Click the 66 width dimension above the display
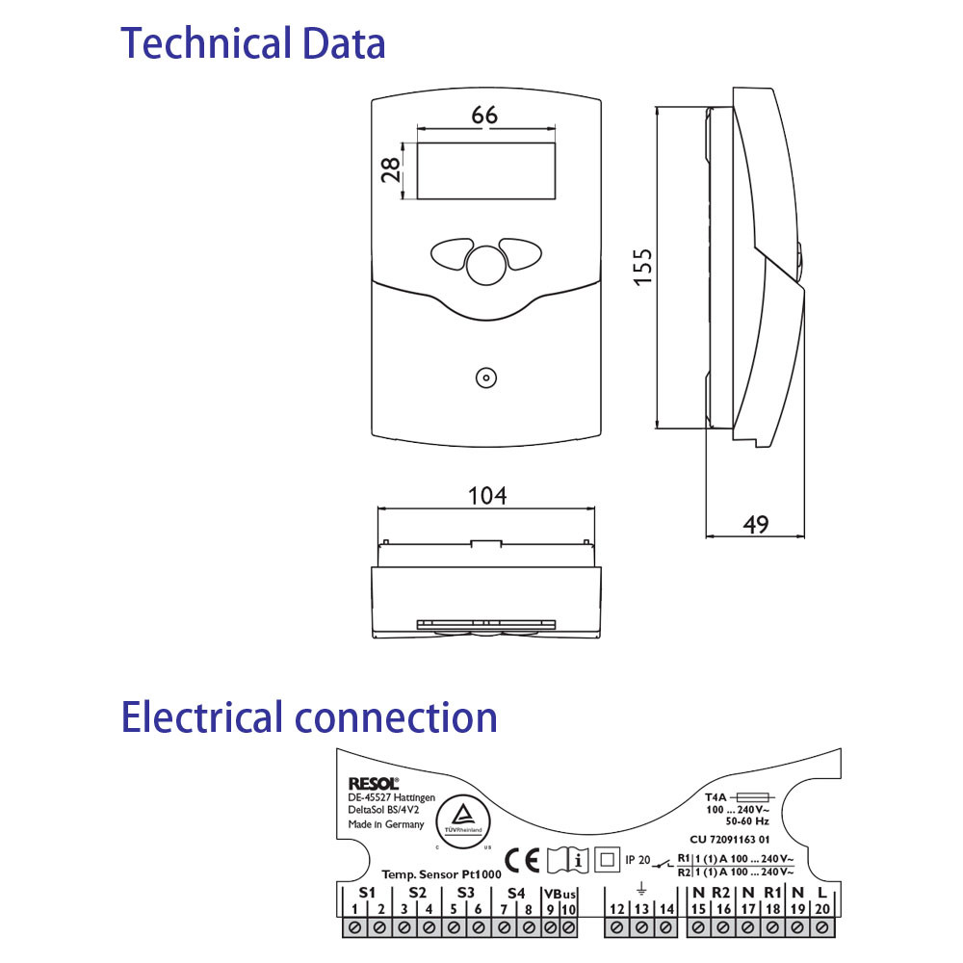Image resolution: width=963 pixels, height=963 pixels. pos(484,115)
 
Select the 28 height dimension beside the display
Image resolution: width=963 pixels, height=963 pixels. pos(391,171)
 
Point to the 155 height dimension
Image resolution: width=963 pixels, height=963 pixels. pos(642,267)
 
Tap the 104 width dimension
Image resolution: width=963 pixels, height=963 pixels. pos(486,496)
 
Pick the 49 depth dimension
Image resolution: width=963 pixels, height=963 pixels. pos(756,524)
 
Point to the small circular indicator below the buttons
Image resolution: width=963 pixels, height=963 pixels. pos(486,377)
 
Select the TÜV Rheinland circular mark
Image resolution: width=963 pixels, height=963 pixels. pos(464,818)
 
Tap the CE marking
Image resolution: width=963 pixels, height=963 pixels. pos(523,858)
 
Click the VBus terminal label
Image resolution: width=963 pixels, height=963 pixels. pos(560,893)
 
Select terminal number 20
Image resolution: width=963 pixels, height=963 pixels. pos(821,909)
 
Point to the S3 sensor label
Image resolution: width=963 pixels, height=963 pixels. pos(466,893)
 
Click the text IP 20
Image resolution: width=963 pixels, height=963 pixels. pos(638,859)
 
